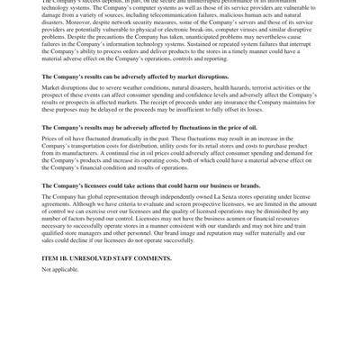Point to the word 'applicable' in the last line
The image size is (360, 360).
66,269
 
